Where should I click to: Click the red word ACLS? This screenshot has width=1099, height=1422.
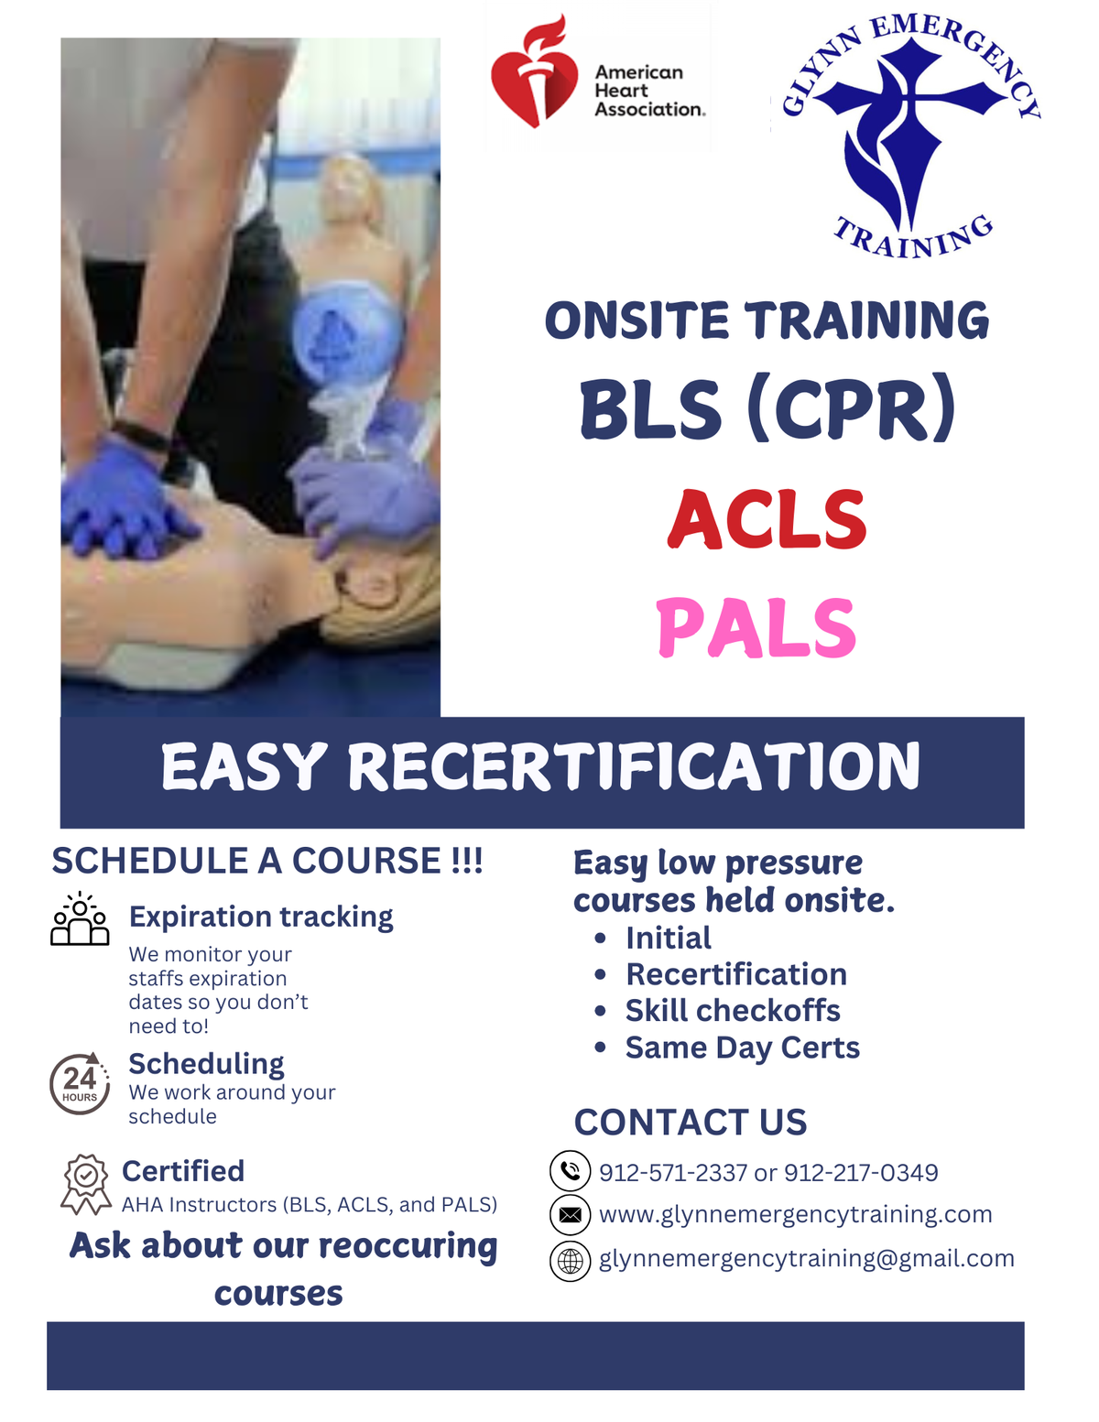[x=767, y=519]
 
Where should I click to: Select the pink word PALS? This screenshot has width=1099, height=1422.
[x=756, y=628]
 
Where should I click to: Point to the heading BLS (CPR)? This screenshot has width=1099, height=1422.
[x=767, y=409]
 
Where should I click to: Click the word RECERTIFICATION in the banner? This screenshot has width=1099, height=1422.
[x=634, y=766]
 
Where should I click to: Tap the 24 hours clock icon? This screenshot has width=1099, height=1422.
[x=80, y=1083]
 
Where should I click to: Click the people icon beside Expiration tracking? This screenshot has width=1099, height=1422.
[x=80, y=918]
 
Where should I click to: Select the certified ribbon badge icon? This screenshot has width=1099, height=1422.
[x=85, y=1183]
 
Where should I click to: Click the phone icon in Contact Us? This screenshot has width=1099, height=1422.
[x=570, y=1171]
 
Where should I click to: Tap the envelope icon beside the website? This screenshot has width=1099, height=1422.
[x=570, y=1215]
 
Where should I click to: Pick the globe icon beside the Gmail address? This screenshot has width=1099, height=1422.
[x=570, y=1261]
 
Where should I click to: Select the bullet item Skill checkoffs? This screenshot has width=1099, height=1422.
[x=733, y=1011]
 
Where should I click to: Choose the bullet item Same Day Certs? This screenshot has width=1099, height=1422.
[x=742, y=1048]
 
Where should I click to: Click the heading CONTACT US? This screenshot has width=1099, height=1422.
[x=691, y=1123]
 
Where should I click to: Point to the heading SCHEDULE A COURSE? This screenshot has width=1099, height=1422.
[x=267, y=862]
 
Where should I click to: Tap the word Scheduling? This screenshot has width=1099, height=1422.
[x=206, y=1064]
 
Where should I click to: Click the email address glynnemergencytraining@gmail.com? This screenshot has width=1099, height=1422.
[x=806, y=1259]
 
